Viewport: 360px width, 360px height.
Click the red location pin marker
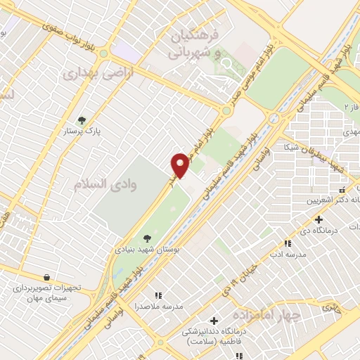point(181,165)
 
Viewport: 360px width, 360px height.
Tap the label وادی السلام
point(105,184)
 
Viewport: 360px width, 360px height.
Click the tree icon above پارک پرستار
point(82,120)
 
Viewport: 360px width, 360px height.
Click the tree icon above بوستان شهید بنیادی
point(146,238)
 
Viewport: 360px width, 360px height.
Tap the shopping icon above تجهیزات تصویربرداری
point(46,277)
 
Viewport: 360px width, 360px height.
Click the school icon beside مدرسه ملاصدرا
point(158,296)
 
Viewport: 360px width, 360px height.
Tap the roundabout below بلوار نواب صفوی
point(104,53)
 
